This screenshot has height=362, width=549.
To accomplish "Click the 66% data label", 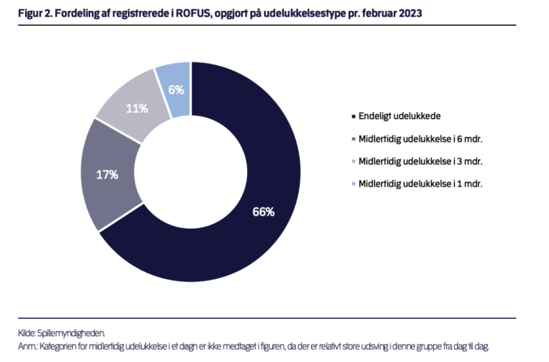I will point(263,212).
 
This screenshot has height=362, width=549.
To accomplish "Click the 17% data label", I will point(107,174).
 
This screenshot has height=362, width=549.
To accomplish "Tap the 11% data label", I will point(137,108).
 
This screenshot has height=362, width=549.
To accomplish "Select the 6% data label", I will point(176,89).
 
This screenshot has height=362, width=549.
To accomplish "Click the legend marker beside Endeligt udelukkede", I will point(352,116).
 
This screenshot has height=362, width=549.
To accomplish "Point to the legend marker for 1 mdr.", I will point(352,184).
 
